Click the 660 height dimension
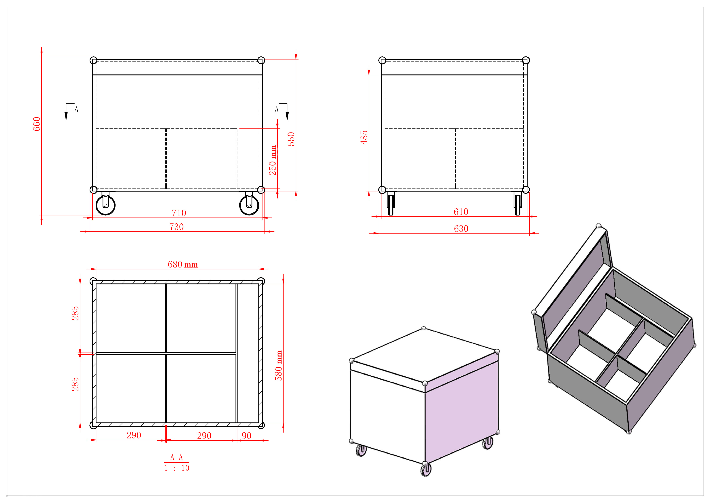coord(36,124)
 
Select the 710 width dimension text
coord(179,213)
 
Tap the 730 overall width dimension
coord(177,227)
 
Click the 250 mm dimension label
coord(273,160)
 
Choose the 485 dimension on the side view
coord(364,137)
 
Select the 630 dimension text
coord(461,228)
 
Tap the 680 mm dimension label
coord(183,264)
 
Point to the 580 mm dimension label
coord(279,365)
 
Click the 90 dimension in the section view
coord(246,436)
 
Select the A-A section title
coord(177,457)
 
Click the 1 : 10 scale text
coord(177,468)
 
